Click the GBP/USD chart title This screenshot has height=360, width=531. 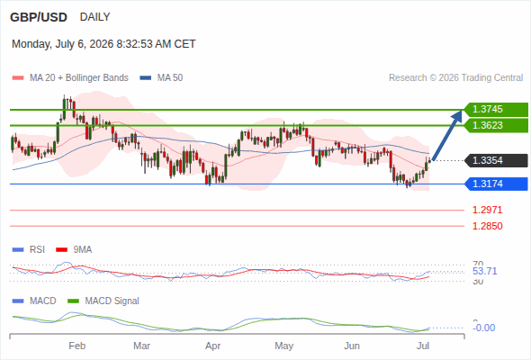(39, 17)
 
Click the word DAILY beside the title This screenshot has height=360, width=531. (94, 17)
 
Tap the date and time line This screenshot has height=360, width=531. (103, 44)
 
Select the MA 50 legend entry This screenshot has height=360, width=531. (161, 78)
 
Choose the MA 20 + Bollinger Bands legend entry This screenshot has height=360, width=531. (70, 78)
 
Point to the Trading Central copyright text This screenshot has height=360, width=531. (455, 78)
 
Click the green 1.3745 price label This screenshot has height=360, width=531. (496, 110)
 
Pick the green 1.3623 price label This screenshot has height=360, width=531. (496, 125)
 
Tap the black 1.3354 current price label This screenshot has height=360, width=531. (496, 160)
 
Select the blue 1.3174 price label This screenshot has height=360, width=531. (496, 184)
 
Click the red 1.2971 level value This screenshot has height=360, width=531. (487, 210)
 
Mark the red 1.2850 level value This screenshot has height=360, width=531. (487, 226)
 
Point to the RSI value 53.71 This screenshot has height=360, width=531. (484, 271)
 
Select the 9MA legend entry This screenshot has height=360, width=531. (74, 250)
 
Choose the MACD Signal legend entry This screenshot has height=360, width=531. (103, 301)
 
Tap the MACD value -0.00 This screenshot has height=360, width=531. (483, 328)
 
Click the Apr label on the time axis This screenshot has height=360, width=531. (213, 346)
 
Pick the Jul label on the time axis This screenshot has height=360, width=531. (423, 346)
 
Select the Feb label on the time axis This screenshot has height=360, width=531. (76, 346)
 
